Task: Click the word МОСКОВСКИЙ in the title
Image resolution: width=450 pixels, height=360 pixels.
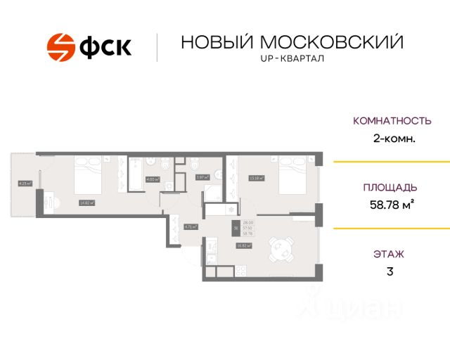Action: click(333, 42)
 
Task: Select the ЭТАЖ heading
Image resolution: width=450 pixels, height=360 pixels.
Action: click(390, 254)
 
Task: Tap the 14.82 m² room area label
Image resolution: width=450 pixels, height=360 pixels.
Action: click(86, 202)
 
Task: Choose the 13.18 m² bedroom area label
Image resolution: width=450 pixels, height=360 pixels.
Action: click(256, 178)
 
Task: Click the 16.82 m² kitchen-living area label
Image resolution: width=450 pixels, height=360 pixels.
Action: click(244, 245)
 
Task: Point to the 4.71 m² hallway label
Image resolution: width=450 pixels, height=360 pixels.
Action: click(190, 226)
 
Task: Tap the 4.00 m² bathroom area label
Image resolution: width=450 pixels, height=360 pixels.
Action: click(152, 179)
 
